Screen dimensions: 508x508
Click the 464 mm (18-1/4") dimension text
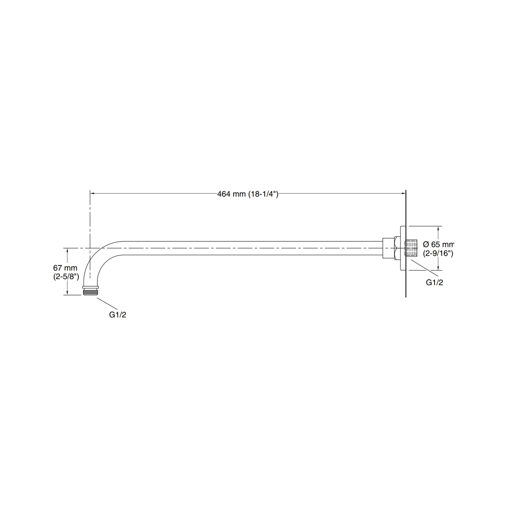[x=248, y=194]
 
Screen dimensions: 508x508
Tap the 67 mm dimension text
[x=65, y=268]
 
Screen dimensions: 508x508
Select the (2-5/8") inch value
[x=66, y=277]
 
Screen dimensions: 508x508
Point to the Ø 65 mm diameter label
[x=438, y=245]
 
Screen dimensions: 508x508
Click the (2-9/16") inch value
[x=438, y=253]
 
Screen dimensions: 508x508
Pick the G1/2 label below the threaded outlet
[x=117, y=315]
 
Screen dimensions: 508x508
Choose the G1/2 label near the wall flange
[x=434, y=282]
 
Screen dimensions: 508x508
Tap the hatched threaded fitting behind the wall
[x=411, y=248]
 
